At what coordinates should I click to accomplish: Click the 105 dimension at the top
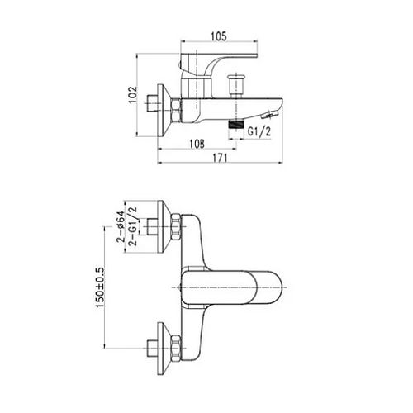(219, 36)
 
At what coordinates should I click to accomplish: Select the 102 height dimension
(133, 95)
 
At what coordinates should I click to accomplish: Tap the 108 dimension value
(197, 144)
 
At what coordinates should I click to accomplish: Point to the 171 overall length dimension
(221, 158)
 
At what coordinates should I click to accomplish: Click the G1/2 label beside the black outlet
(259, 131)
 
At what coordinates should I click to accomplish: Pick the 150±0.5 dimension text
(100, 287)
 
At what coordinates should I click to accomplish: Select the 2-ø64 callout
(121, 226)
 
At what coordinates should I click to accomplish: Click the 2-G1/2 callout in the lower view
(132, 226)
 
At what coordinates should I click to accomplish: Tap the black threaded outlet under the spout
(236, 124)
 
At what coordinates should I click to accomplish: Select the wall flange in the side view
(164, 110)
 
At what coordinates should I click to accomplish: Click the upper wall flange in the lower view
(164, 226)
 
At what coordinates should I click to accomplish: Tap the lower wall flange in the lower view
(164, 349)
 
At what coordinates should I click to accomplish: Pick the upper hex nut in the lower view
(176, 226)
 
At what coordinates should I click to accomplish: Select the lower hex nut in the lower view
(176, 349)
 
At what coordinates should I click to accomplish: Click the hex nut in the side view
(176, 110)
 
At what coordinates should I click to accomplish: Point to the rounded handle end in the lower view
(269, 287)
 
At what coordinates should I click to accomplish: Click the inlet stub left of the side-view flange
(152, 103)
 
